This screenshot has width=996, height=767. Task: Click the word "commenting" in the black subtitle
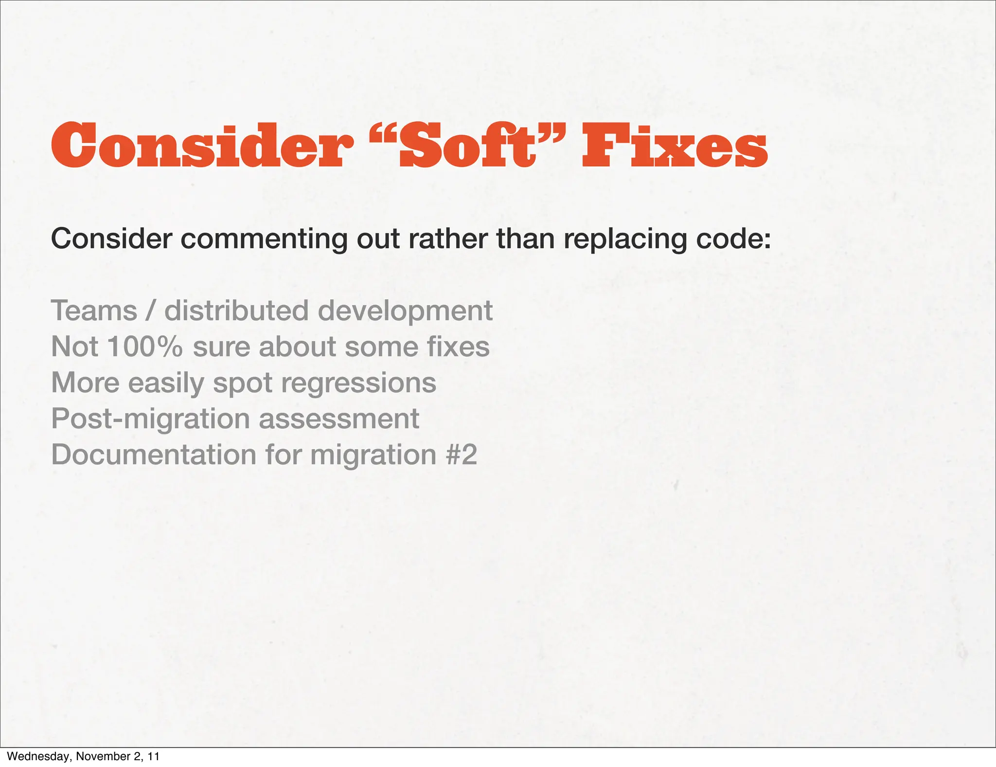pyautogui.click(x=265, y=239)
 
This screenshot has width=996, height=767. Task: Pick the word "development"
pyautogui.click(x=405, y=311)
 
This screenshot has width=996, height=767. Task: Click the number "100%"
pyautogui.click(x=144, y=347)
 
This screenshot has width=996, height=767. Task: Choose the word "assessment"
pyautogui.click(x=339, y=419)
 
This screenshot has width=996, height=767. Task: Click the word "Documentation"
pyautogui.click(x=154, y=455)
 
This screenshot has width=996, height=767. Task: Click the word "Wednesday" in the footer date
pyautogui.click(x=38, y=756)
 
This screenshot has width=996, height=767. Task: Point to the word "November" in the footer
pyautogui.click(x=99, y=756)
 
